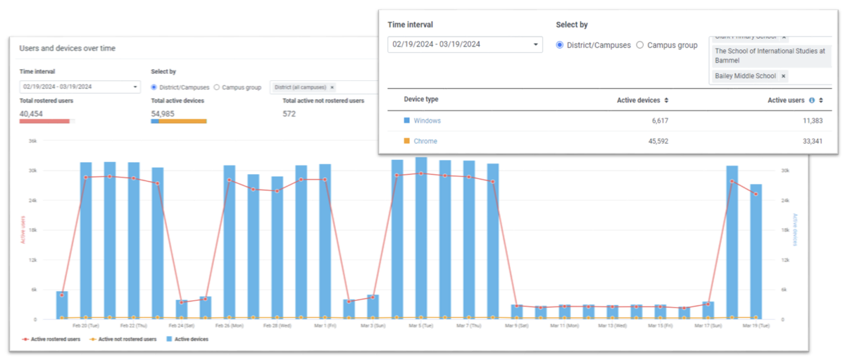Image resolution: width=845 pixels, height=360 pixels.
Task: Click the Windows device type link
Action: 427,121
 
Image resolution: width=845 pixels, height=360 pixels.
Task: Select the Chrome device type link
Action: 425,142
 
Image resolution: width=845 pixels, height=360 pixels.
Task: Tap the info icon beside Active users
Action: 811,101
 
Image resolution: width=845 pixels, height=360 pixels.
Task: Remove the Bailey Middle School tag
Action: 783,76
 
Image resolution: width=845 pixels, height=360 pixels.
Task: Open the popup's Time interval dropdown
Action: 465,44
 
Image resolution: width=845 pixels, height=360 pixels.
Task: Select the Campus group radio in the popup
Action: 640,45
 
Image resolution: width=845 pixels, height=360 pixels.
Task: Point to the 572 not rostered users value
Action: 289,113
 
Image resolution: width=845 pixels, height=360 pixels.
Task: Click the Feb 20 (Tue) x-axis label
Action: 85,326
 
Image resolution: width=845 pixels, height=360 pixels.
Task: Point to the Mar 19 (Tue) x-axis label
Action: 756,326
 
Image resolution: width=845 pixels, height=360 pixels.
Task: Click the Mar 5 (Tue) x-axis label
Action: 420,326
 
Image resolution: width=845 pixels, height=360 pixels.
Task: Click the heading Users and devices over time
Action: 68,49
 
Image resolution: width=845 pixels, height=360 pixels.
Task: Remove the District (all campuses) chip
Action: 332,87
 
